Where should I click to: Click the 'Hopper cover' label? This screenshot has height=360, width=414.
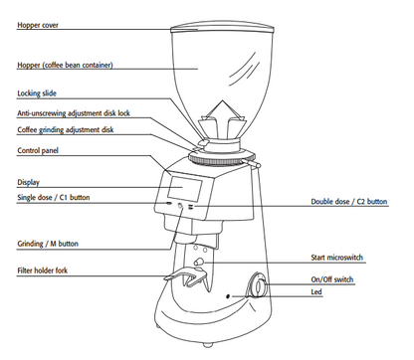(x=38, y=25)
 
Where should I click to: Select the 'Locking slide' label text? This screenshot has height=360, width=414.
(x=37, y=93)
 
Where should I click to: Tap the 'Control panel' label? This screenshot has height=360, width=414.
(x=38, y=150)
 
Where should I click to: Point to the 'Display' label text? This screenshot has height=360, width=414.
(x=28, y=182)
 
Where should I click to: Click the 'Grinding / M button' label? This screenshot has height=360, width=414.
(x=48, y=244)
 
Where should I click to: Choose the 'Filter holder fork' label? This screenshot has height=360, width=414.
(x=42, y=270)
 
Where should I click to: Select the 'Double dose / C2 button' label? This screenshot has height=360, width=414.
(x=349, y=202)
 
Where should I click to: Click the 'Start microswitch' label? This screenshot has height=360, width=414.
(x=336, y=258)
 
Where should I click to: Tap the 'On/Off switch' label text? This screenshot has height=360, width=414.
(x=332, y=279)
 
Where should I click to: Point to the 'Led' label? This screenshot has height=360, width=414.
(x=316, y=291)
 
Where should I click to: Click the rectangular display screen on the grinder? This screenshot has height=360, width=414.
(x=184, y=189)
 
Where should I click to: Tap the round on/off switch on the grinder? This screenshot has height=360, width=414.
(x=258, y=285)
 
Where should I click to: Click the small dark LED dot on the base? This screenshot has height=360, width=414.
(x=228, y=296)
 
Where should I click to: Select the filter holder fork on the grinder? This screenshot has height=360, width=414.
(x=186, y=276)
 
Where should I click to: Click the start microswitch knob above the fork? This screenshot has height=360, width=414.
(x=199, y=262)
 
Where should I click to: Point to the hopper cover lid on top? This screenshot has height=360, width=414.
(x=222, y=28)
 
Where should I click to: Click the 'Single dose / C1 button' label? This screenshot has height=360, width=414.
(x=54, y=198)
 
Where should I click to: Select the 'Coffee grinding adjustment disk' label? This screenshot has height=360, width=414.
(x=66, y=130)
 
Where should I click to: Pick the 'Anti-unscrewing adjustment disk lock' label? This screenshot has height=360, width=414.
(x=74, y=113)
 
